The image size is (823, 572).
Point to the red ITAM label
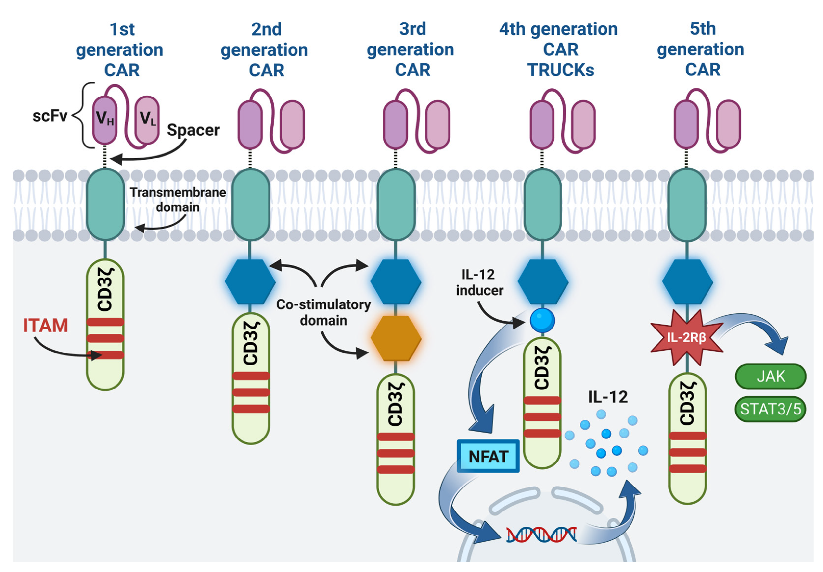click(46, 326)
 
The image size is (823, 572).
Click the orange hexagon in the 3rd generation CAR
click(396, 338)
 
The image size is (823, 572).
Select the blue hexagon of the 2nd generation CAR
click(250, 282)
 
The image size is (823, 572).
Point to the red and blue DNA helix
click(541, 535)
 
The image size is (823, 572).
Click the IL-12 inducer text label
click(479, 282)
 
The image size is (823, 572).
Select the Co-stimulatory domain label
click(323, 312)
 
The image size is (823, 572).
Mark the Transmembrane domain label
click(178, 199)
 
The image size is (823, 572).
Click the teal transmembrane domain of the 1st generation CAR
click(105, 204)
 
